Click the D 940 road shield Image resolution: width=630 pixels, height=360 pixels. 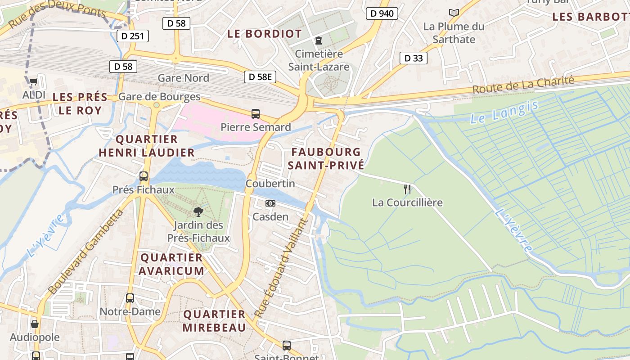click(x=382, y=13)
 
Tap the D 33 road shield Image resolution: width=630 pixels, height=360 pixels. click(x=413, y=58)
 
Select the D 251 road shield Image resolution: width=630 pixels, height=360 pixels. click(x=132, y=36)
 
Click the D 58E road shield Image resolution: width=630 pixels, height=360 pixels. click(x=260, y=77)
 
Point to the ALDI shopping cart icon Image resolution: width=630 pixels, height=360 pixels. click(x=33, y=82)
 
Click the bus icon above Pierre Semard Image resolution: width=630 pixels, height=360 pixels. click(x=256, y=113)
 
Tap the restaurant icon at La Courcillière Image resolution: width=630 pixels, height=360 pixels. click(x=407, y=189)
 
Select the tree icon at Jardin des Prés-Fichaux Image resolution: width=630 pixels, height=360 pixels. click(x=198, y=211)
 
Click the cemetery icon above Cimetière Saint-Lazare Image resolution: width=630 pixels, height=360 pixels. click(x=319, y=40)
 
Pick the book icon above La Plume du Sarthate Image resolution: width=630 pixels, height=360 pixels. click(x=454, y=13)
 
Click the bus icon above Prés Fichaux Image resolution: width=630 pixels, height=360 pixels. click(x=144, y=176)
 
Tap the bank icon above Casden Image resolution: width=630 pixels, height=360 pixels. click(x=270, y=203)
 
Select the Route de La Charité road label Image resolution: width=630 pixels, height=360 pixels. click(x=523, y=85)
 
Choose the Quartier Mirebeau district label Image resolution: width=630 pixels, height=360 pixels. click(x=214, y=320)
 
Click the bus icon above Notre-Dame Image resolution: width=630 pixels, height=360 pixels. click(x=130, y=298)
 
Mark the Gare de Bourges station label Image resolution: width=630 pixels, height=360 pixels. click(x=159, y=97)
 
